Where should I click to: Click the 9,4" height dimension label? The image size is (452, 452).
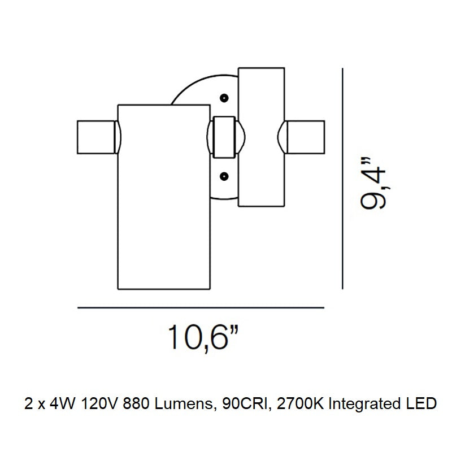click(373, 183)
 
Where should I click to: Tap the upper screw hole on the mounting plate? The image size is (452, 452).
click(224, 98)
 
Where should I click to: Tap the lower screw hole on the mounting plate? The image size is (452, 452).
click(224, 176)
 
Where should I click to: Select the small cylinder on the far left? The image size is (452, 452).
click(96, 137)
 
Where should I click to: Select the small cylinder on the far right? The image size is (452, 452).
click(306, 137)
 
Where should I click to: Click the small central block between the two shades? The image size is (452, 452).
click(224, 137)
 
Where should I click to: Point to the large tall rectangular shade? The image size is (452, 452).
click(164, 197)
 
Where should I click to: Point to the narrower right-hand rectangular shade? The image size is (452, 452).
click(262, 137)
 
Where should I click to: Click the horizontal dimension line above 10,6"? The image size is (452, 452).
click(201, 308)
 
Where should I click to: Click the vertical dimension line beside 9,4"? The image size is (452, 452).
click(342, 179)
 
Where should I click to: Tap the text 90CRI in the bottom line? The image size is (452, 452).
click(247, 404)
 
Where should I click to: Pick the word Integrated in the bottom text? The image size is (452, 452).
click(364, 405)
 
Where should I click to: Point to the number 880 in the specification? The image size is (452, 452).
click(136, 404)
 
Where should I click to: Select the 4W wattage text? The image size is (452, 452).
click(62, 404)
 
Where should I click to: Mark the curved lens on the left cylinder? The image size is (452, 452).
click(118, 137)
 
